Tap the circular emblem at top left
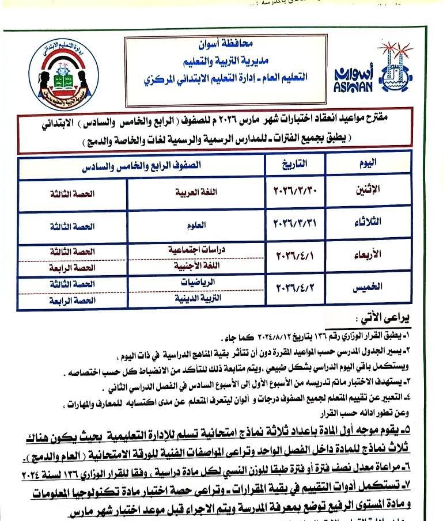tap(58, 75)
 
